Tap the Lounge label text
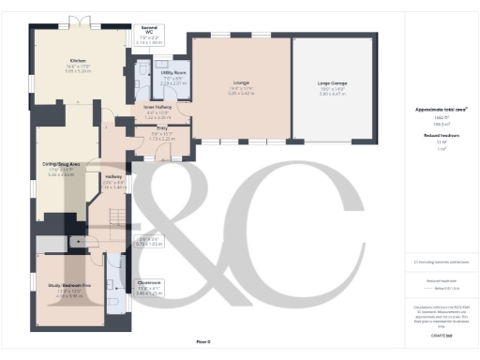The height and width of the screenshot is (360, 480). (x=240, y=83)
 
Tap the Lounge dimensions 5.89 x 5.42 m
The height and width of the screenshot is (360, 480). (x=240, y=94)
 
